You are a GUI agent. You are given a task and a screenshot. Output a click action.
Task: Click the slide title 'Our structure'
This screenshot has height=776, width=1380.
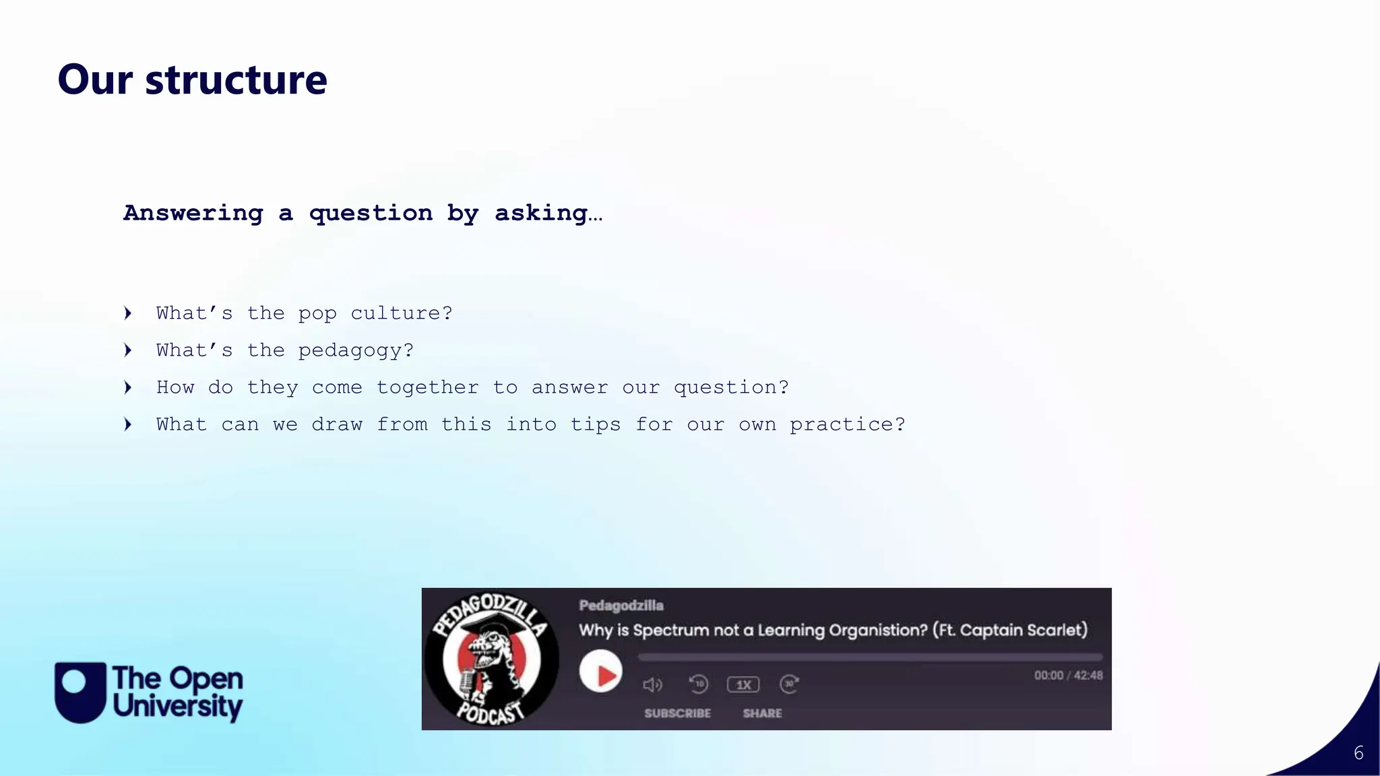pos(192,79)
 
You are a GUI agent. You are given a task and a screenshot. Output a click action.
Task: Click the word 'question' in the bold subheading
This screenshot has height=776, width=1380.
pos(371,214)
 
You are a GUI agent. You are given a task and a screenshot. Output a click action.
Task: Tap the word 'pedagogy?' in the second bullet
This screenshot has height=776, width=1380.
pos(356,351)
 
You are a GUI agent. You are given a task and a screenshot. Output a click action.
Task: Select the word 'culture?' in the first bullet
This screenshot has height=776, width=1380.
pos(402,314)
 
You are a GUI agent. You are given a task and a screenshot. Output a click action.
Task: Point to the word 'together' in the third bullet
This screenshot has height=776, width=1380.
pos(427,387)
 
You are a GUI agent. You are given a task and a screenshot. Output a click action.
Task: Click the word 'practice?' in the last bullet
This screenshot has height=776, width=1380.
pos(848,424)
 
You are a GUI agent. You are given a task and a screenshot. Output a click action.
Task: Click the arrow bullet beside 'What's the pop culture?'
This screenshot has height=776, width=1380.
pos(128,313)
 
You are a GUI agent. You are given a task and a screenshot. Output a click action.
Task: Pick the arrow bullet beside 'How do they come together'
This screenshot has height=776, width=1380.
pos(128,387)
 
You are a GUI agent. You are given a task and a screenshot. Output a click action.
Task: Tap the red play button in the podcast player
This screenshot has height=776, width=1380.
pos(600,672)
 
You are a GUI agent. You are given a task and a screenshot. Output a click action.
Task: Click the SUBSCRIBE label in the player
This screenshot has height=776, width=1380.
pos(677,713)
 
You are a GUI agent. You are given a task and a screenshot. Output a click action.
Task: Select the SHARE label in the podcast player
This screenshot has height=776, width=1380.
pos(762,713)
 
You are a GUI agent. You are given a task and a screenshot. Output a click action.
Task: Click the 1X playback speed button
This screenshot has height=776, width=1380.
pos(743,685)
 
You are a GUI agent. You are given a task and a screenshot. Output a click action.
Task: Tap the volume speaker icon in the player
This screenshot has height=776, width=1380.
pos(652,685)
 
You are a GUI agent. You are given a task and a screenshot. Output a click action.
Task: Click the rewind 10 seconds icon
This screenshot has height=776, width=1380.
pos(699,684)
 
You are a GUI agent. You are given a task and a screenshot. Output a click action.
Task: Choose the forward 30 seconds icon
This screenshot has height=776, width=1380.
pos(789,684)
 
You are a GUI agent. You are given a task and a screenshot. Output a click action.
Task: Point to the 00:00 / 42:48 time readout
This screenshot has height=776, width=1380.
pos(1068,676)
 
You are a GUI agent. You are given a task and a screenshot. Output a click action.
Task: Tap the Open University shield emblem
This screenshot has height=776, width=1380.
pos(80,692)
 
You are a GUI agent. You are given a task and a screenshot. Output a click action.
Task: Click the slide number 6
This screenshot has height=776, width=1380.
pos(1358,753)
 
